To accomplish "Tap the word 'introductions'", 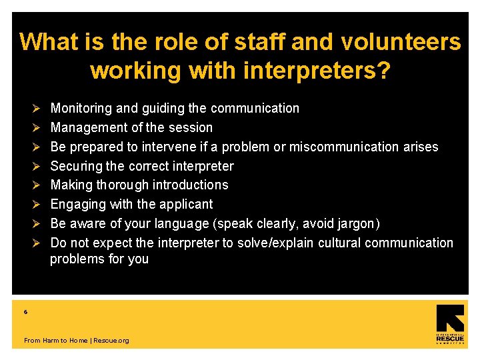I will (x=191, y=185).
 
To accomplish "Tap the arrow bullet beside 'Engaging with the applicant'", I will (x=38, y=204).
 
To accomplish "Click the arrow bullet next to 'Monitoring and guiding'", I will (x=38, y=108).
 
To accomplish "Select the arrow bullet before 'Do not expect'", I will (x=38, y=243).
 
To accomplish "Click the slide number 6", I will (x=26, y=312).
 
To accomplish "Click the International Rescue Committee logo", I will (x=449, y=325).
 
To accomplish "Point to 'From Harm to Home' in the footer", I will (x=55, y=341).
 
